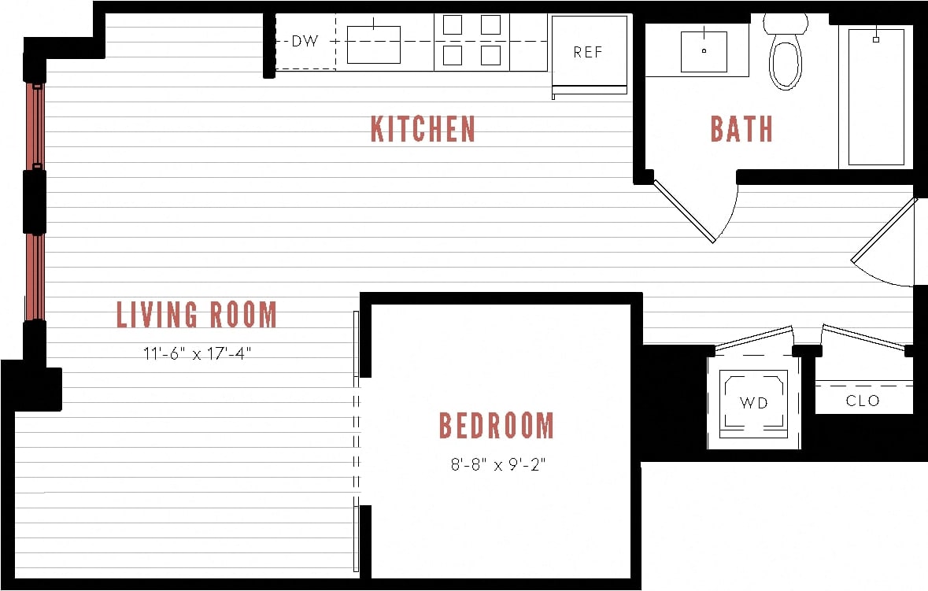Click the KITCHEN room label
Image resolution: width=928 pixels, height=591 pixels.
(x=423, y=129)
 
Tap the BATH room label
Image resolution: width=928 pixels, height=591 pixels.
(x=741, y=129)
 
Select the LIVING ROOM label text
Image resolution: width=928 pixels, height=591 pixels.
(x=197, y=315)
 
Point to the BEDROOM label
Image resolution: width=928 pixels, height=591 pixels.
(x=496, y=426)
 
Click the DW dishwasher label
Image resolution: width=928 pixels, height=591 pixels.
(x=305, y=42)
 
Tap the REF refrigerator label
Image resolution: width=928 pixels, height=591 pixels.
(x=588, y=53)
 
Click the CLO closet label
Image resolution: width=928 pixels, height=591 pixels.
(x=863, y=401)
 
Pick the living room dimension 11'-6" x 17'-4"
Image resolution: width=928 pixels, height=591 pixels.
(x=197, y=353)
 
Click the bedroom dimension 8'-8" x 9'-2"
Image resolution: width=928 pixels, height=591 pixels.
(x=497, y=464)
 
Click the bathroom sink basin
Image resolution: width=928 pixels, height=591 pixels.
(x=704, y=51)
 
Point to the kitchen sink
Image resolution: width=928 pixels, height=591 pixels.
(x=374, y=45)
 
